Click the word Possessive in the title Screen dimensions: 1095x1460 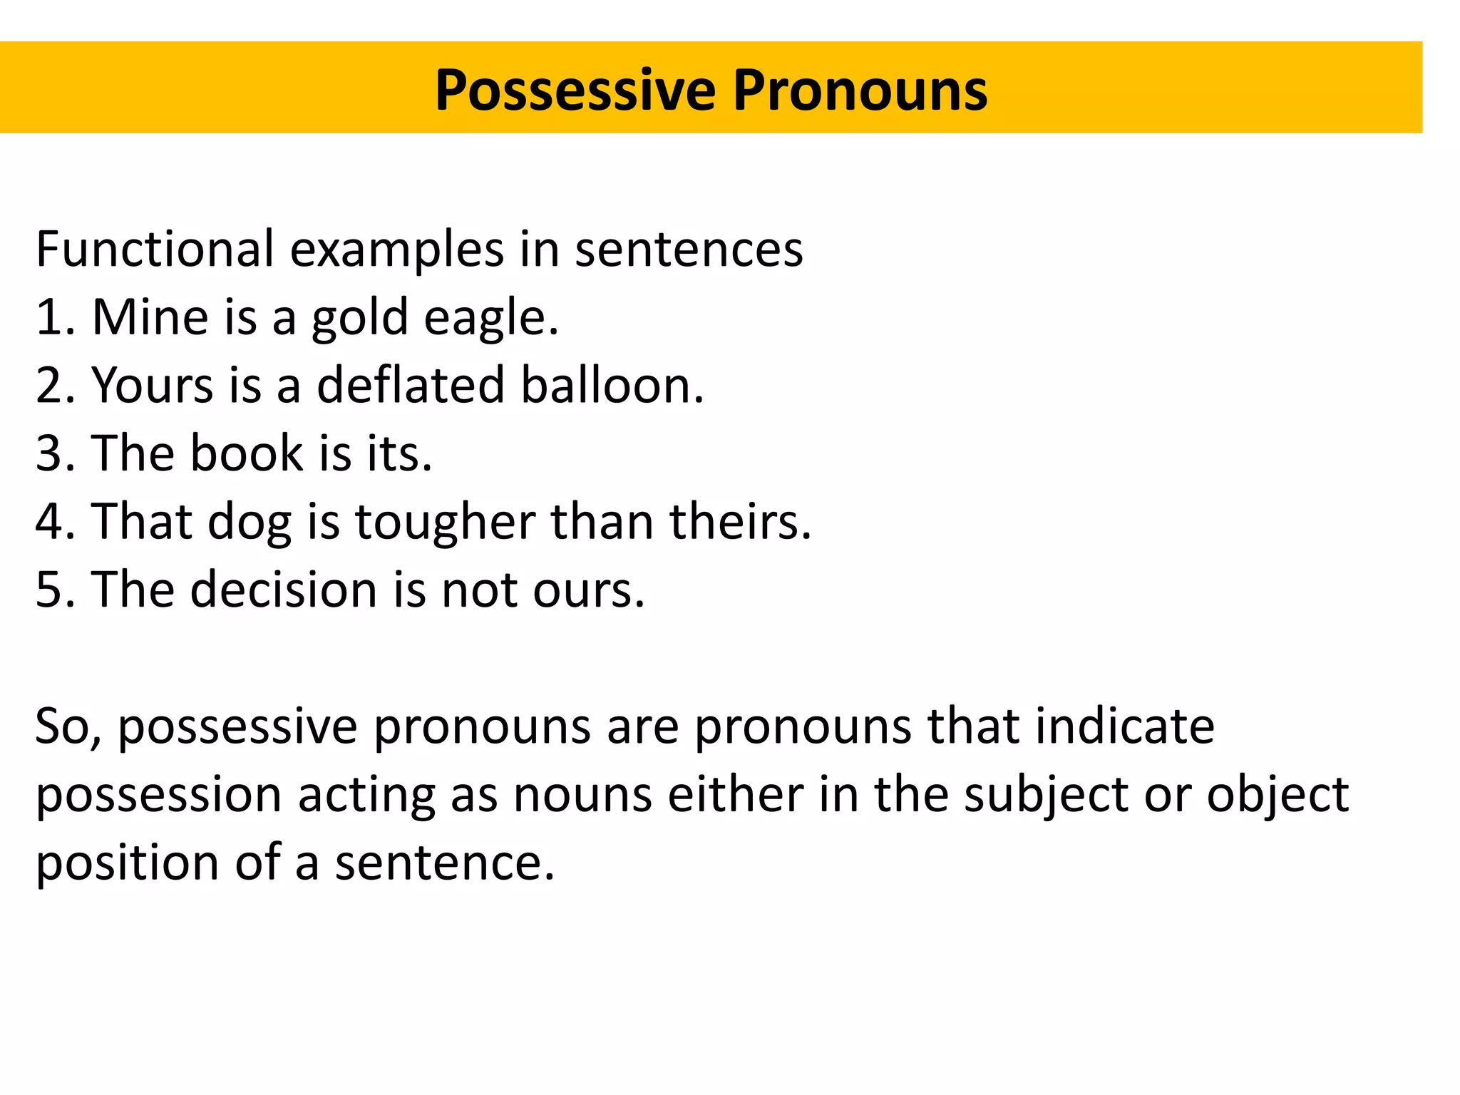575,91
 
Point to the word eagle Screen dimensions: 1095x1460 490,318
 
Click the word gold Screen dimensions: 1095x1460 360,318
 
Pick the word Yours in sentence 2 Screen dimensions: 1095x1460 153,385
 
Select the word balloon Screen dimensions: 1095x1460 612,385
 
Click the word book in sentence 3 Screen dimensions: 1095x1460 247,453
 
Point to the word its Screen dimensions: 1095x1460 399,453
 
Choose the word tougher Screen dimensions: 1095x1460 445,522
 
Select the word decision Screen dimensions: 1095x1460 283,590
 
